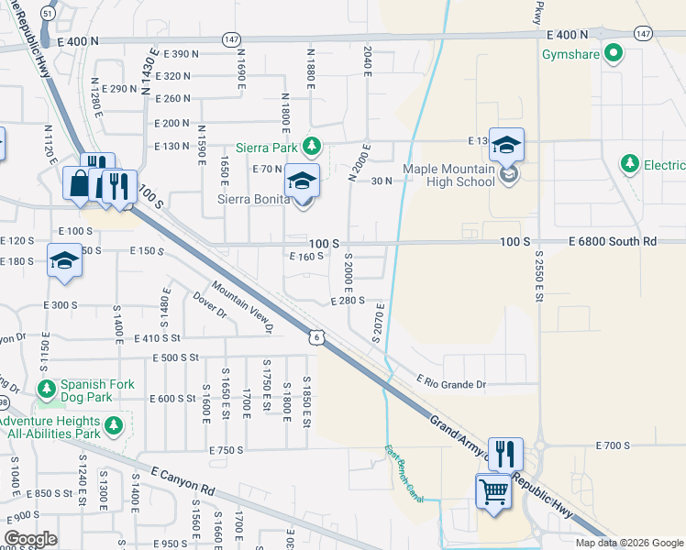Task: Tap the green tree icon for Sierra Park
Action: [313, 146]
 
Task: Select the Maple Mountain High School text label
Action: [449, 174]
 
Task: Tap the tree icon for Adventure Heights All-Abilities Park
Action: [114, 424]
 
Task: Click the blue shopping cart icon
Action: [493, 492]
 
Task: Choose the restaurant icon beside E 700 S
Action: [505, 454]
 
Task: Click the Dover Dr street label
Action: [210, 305]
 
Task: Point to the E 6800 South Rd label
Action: [613, 241]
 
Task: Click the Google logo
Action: [30, 539]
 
